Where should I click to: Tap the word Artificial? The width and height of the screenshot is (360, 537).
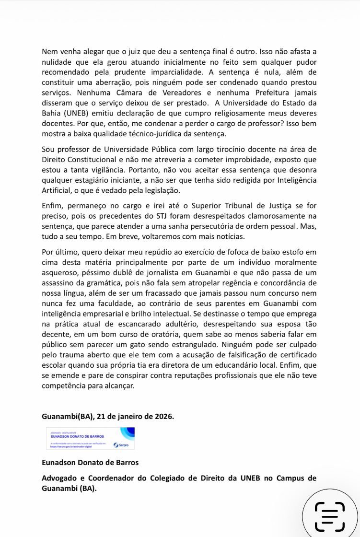(x=57, y=190)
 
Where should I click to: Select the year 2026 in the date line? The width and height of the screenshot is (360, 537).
(x=164, y=416)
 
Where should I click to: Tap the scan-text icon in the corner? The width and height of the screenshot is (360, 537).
(x=330, y=516)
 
